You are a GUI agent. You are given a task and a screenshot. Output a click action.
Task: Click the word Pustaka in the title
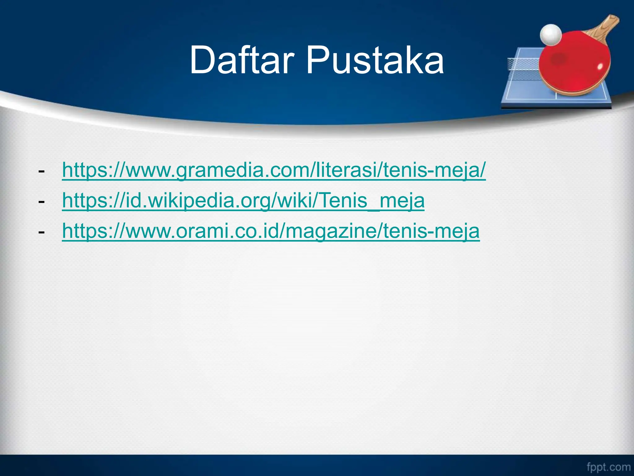pyautogui.click(x=375, y=60)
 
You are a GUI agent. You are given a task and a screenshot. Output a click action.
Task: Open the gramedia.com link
pyautogui.click(x=274, y=170)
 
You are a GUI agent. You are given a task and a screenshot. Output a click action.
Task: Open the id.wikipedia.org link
pyautogui.click(x=243, y=201)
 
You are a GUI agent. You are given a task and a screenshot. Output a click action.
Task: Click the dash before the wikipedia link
pyautogui.click(x=41, y=202)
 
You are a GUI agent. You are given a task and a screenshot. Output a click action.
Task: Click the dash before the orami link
pyautogui.click(x=41, y=232)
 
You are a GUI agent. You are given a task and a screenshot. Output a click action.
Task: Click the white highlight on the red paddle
pyautogui.click(x=600, y=66)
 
